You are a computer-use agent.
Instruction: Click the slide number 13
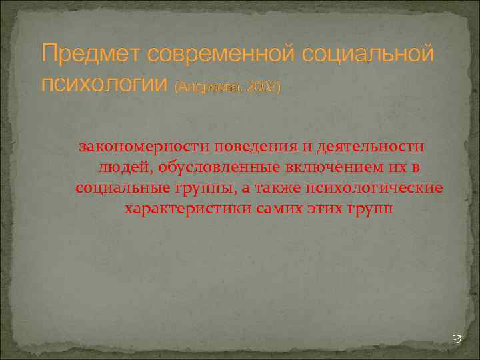pos(457,340)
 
